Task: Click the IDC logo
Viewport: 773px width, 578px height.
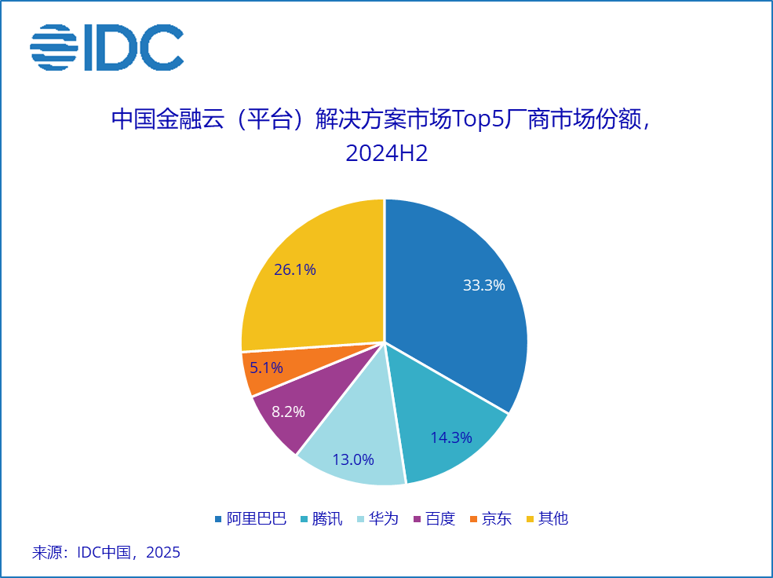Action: coord(106,46)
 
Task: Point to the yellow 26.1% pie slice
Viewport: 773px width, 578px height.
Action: coord(314,275)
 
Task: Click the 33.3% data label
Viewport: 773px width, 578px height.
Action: coord(483,286)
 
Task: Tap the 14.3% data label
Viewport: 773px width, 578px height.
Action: coord(451,437)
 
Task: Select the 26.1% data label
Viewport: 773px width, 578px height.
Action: coord(295,270)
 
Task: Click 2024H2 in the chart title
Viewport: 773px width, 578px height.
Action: coord(386,153)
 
